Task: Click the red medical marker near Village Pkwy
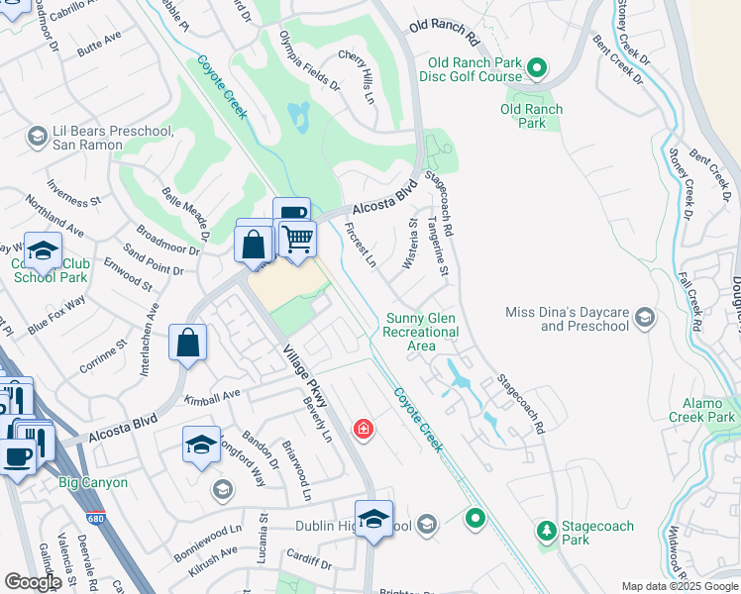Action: point(364,429)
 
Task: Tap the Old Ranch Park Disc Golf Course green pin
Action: point(536,68)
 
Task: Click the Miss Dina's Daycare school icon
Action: point(645,318)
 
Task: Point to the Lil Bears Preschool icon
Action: point(38,136)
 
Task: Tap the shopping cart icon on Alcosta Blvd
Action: point(296,239)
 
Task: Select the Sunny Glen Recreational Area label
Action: point(421,332)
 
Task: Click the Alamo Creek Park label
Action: point(709,410)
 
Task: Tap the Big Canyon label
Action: point(92,482)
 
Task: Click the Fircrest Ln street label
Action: point(361,245)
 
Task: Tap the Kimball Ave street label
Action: point(213,397)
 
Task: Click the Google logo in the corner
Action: point(34,582)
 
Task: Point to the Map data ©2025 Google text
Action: point(679,587)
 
